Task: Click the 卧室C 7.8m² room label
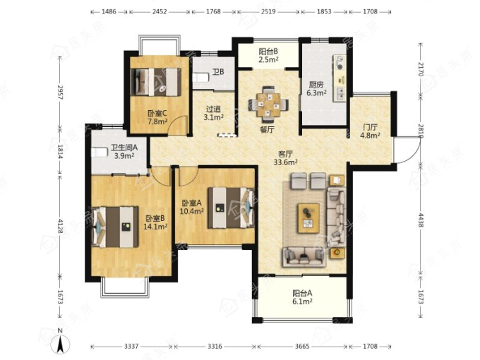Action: (157, 118)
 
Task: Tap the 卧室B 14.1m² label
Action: (155, 222)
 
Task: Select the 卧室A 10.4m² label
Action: (191, 207)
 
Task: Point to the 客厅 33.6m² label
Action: (285, 158)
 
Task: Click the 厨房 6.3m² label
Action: (316, 88)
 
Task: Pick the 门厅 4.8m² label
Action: (370, 131)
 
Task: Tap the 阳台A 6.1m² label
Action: (302, 297)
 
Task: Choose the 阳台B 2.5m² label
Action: (268, 55)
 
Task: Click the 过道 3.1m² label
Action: (213, 113)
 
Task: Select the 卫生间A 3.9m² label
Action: (124, 152)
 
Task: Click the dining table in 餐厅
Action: (268, 104)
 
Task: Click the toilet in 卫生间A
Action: (100, 152)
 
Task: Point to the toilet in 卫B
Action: (200, 77)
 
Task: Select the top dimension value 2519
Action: (268, 11)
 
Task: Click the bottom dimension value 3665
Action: (302, 346)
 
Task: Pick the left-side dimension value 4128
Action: (60, 226)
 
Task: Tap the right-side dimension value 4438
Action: (421, 220)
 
